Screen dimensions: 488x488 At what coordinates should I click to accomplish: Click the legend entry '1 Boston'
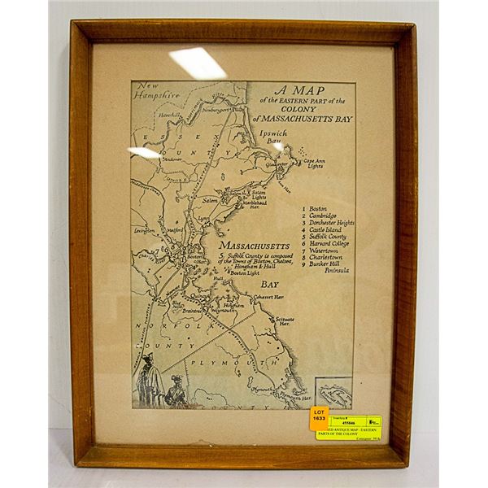[315, 209]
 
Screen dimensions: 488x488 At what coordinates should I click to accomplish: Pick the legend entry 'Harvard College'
[329, 243]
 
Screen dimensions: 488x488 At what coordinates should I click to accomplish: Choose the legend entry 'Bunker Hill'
[329, 264]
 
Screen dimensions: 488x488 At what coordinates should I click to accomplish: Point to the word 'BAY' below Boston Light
[270, 285]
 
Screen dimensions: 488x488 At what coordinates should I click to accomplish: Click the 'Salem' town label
[211, 199]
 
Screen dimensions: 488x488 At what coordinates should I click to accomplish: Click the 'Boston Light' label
[242, 273]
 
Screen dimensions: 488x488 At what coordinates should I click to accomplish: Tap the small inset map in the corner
[334, 393]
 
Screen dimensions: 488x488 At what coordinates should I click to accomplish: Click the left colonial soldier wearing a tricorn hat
[149, 381]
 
